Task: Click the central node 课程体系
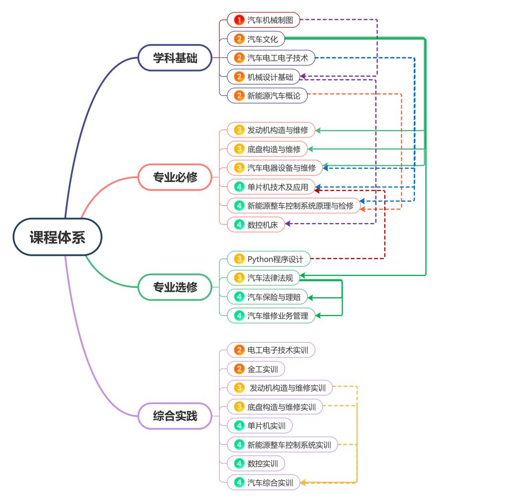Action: pos(57,237)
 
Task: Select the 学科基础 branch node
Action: pos(175,58)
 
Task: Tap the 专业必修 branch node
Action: pos(175,177)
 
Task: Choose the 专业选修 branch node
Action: pos(175,287)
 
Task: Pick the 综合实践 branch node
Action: pos(175,416)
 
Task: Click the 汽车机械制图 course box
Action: pos(263,20)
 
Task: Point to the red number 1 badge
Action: pos(239,20)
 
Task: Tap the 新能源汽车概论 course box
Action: pos(267,95)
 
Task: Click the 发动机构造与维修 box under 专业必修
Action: pos(271,130)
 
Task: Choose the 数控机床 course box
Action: pos(255,225)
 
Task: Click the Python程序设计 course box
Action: pos(269,259)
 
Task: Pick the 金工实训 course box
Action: pos(255,369)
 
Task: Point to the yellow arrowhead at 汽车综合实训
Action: pos(303,482)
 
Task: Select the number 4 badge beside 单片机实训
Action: pos(239,425)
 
